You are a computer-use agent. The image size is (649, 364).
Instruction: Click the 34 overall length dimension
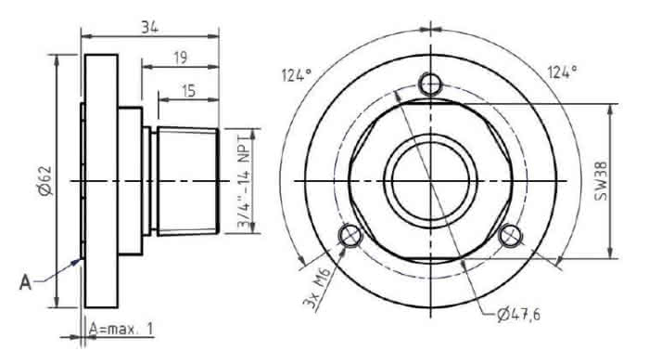pos(150,27)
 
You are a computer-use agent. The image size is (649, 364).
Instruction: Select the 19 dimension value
pos(181,58)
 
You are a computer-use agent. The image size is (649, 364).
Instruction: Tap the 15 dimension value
pos(189,91)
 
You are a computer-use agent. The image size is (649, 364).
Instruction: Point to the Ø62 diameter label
pos(45,181)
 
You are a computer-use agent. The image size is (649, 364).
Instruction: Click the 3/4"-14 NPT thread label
pos(245,181)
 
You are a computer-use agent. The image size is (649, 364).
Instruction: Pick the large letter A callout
pos(26,282)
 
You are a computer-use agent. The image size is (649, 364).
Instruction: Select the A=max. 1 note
pos(121,329)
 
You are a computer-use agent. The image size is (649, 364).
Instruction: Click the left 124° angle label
pos(297,75)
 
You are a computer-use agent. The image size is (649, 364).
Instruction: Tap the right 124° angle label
pos(562,72)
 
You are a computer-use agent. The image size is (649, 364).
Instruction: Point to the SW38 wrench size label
pos(601,181)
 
